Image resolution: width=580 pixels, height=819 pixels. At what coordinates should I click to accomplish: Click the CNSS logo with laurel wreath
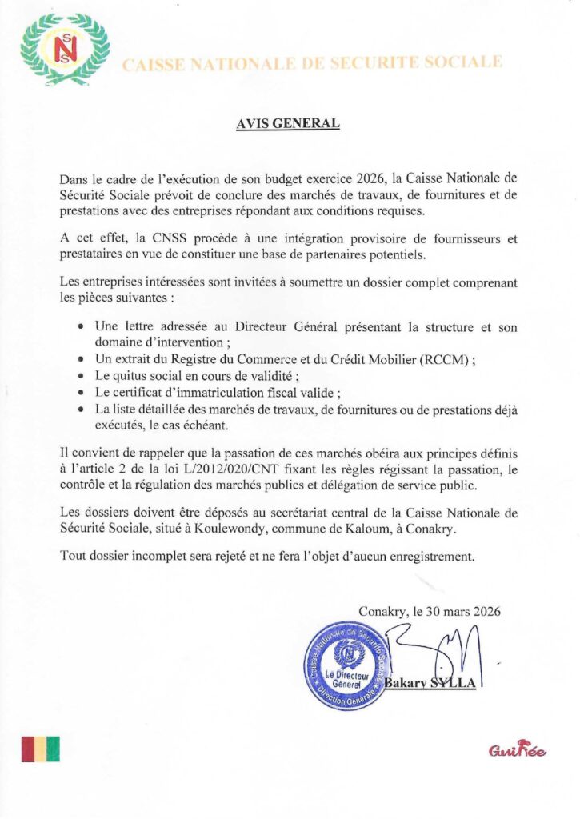[65, 50]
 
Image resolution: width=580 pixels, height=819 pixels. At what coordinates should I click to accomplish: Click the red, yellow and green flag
[40, 749]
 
